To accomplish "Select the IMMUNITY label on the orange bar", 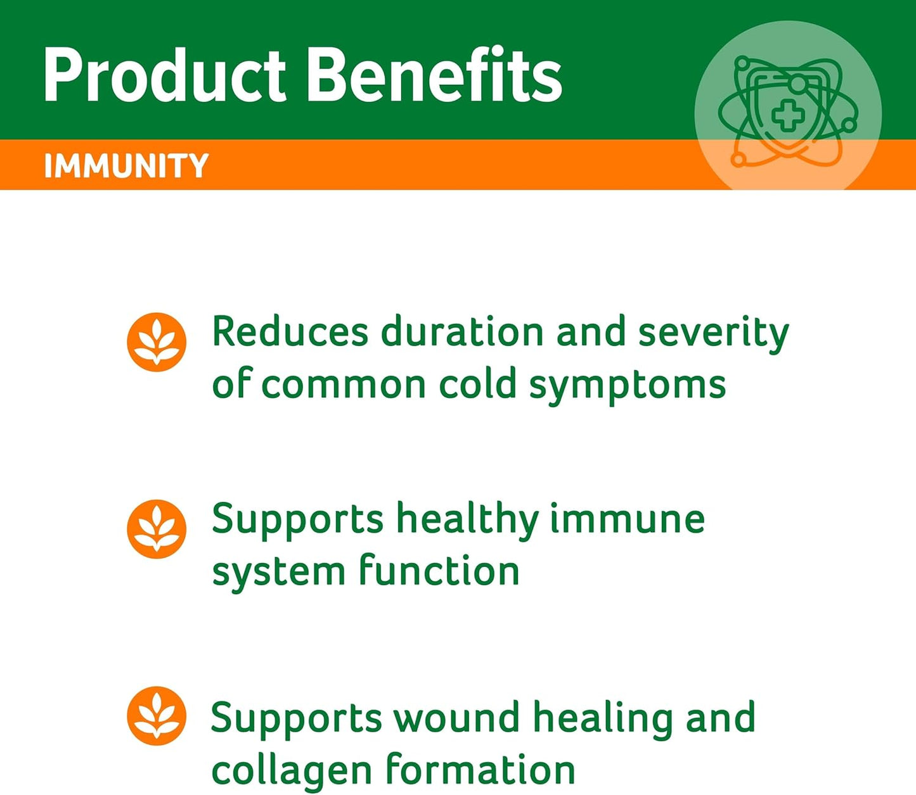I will coord(126,166).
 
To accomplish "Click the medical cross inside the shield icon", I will coord(788,116).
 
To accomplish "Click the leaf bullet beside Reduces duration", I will coord(157,342).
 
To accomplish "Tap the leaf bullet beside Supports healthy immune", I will coord(157,529).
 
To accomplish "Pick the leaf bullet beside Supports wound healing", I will coord(157,716).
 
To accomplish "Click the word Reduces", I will coord(290,332).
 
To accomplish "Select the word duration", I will coord(462,332).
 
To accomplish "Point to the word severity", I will coord(713,333).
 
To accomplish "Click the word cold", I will coord(478,385).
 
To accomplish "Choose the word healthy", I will coord(468,520).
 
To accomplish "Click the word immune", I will coord(627,519).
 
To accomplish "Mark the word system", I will coord(278,572).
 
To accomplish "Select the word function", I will coord(439,571).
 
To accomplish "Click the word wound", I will coord(456,718).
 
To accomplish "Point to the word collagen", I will coord(292,771).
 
